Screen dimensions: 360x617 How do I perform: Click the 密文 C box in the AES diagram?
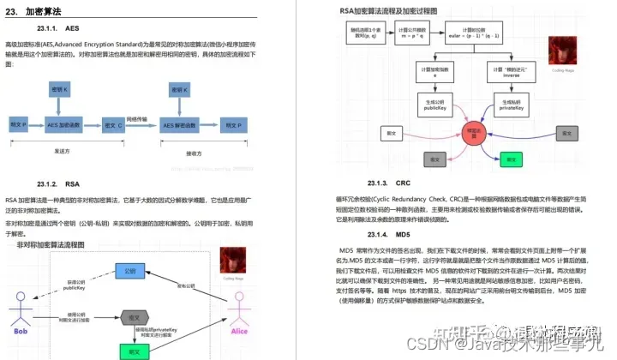113,125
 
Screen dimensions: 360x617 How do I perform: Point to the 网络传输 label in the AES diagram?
138,118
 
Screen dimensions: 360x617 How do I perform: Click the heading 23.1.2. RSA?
58,184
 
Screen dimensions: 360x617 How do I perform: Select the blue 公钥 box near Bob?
129,271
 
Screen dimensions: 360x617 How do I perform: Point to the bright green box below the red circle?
512,159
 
